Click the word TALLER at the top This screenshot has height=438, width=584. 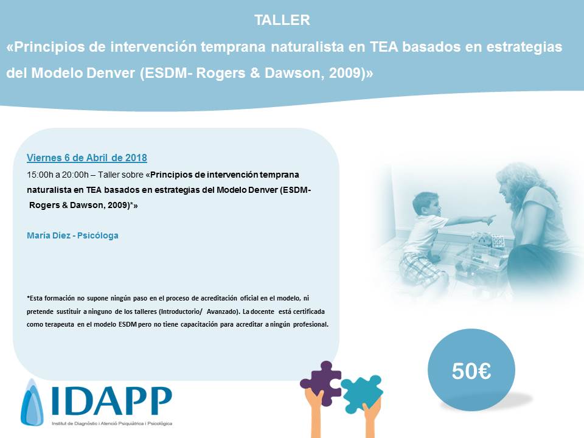point(282,20)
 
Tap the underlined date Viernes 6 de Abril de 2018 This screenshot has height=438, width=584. point(87,158)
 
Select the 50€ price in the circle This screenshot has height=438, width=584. point(471,371)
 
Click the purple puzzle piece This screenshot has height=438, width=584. point(321,383)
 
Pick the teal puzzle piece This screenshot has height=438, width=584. point(362,393)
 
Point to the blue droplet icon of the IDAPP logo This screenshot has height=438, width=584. point(32,403)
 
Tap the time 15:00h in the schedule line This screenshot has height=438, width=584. point(40,175)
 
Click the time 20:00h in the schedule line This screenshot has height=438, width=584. point(75,175)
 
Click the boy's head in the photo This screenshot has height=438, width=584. point(425,204)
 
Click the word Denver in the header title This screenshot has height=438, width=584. point(110,73)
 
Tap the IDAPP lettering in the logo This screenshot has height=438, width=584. point(112,401)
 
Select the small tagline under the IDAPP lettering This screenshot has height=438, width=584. point(112,423)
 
